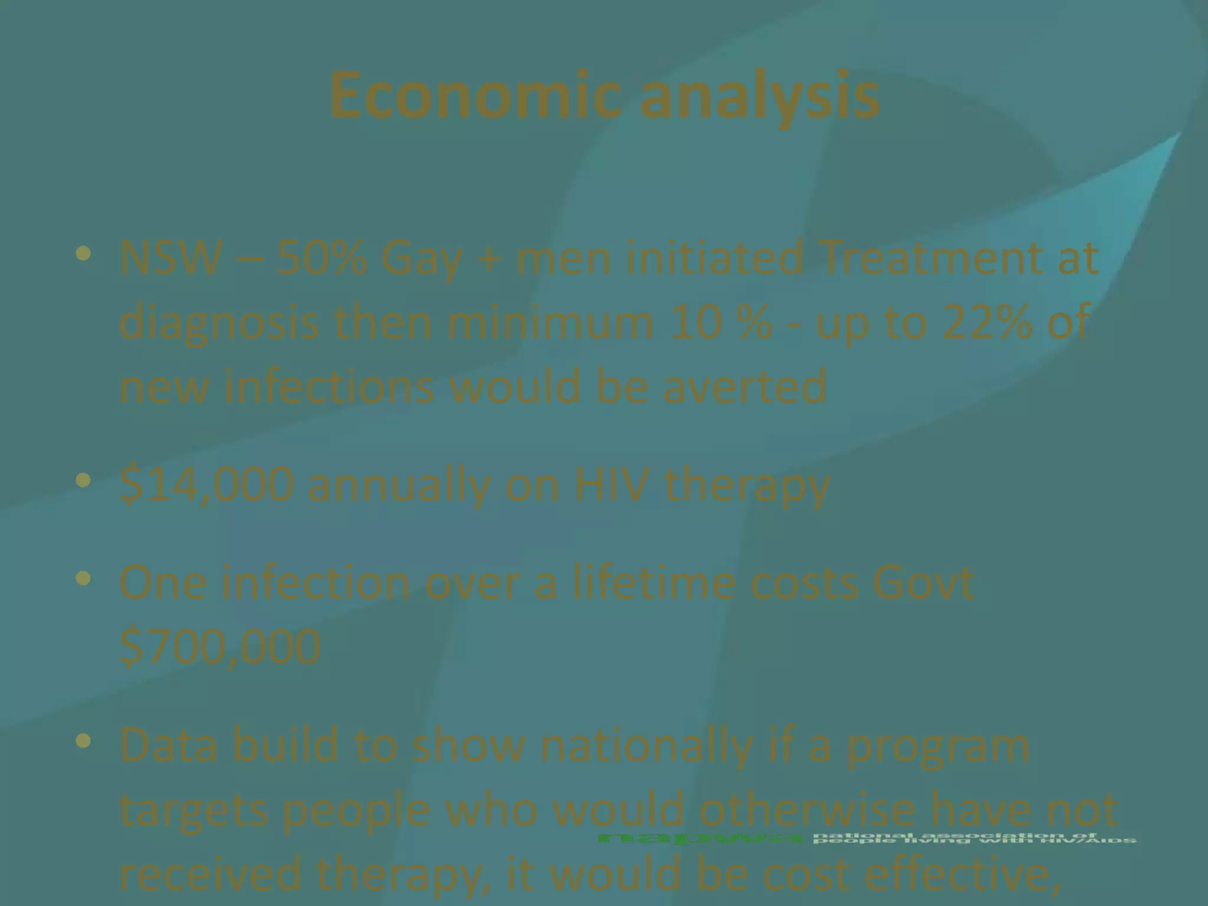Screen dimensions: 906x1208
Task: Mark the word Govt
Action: (x=923, y=582)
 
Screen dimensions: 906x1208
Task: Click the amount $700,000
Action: (x=219, y=646)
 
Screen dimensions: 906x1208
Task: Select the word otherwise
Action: (x=820, y=809)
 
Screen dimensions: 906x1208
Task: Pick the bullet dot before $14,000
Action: (x=84, y=480)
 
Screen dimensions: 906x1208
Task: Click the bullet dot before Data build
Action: (x=84, y=740)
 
